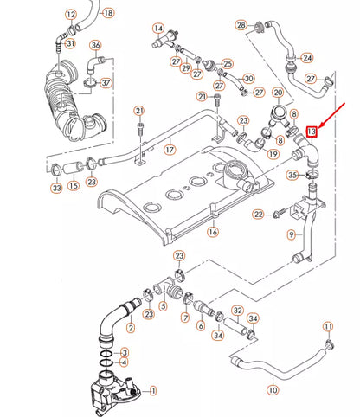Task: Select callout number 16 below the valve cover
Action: [x=212, y=233]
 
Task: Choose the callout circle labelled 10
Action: [x=273, y=390]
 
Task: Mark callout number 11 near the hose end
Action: [x=328, y=326]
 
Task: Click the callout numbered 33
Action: [x=56, y=187]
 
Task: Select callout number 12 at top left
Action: [x=71, y=15]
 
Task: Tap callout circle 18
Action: [x=107, y=14]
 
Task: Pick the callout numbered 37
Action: [x=106, y=83]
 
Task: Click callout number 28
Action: [x=241, y=24]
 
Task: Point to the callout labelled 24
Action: [x=307, y=58]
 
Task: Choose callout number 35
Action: [x=293, y=176]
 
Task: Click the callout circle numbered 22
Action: [x=258, y=214]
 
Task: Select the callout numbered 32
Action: [x=237, y=311]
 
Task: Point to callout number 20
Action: [x=278, y=93]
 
